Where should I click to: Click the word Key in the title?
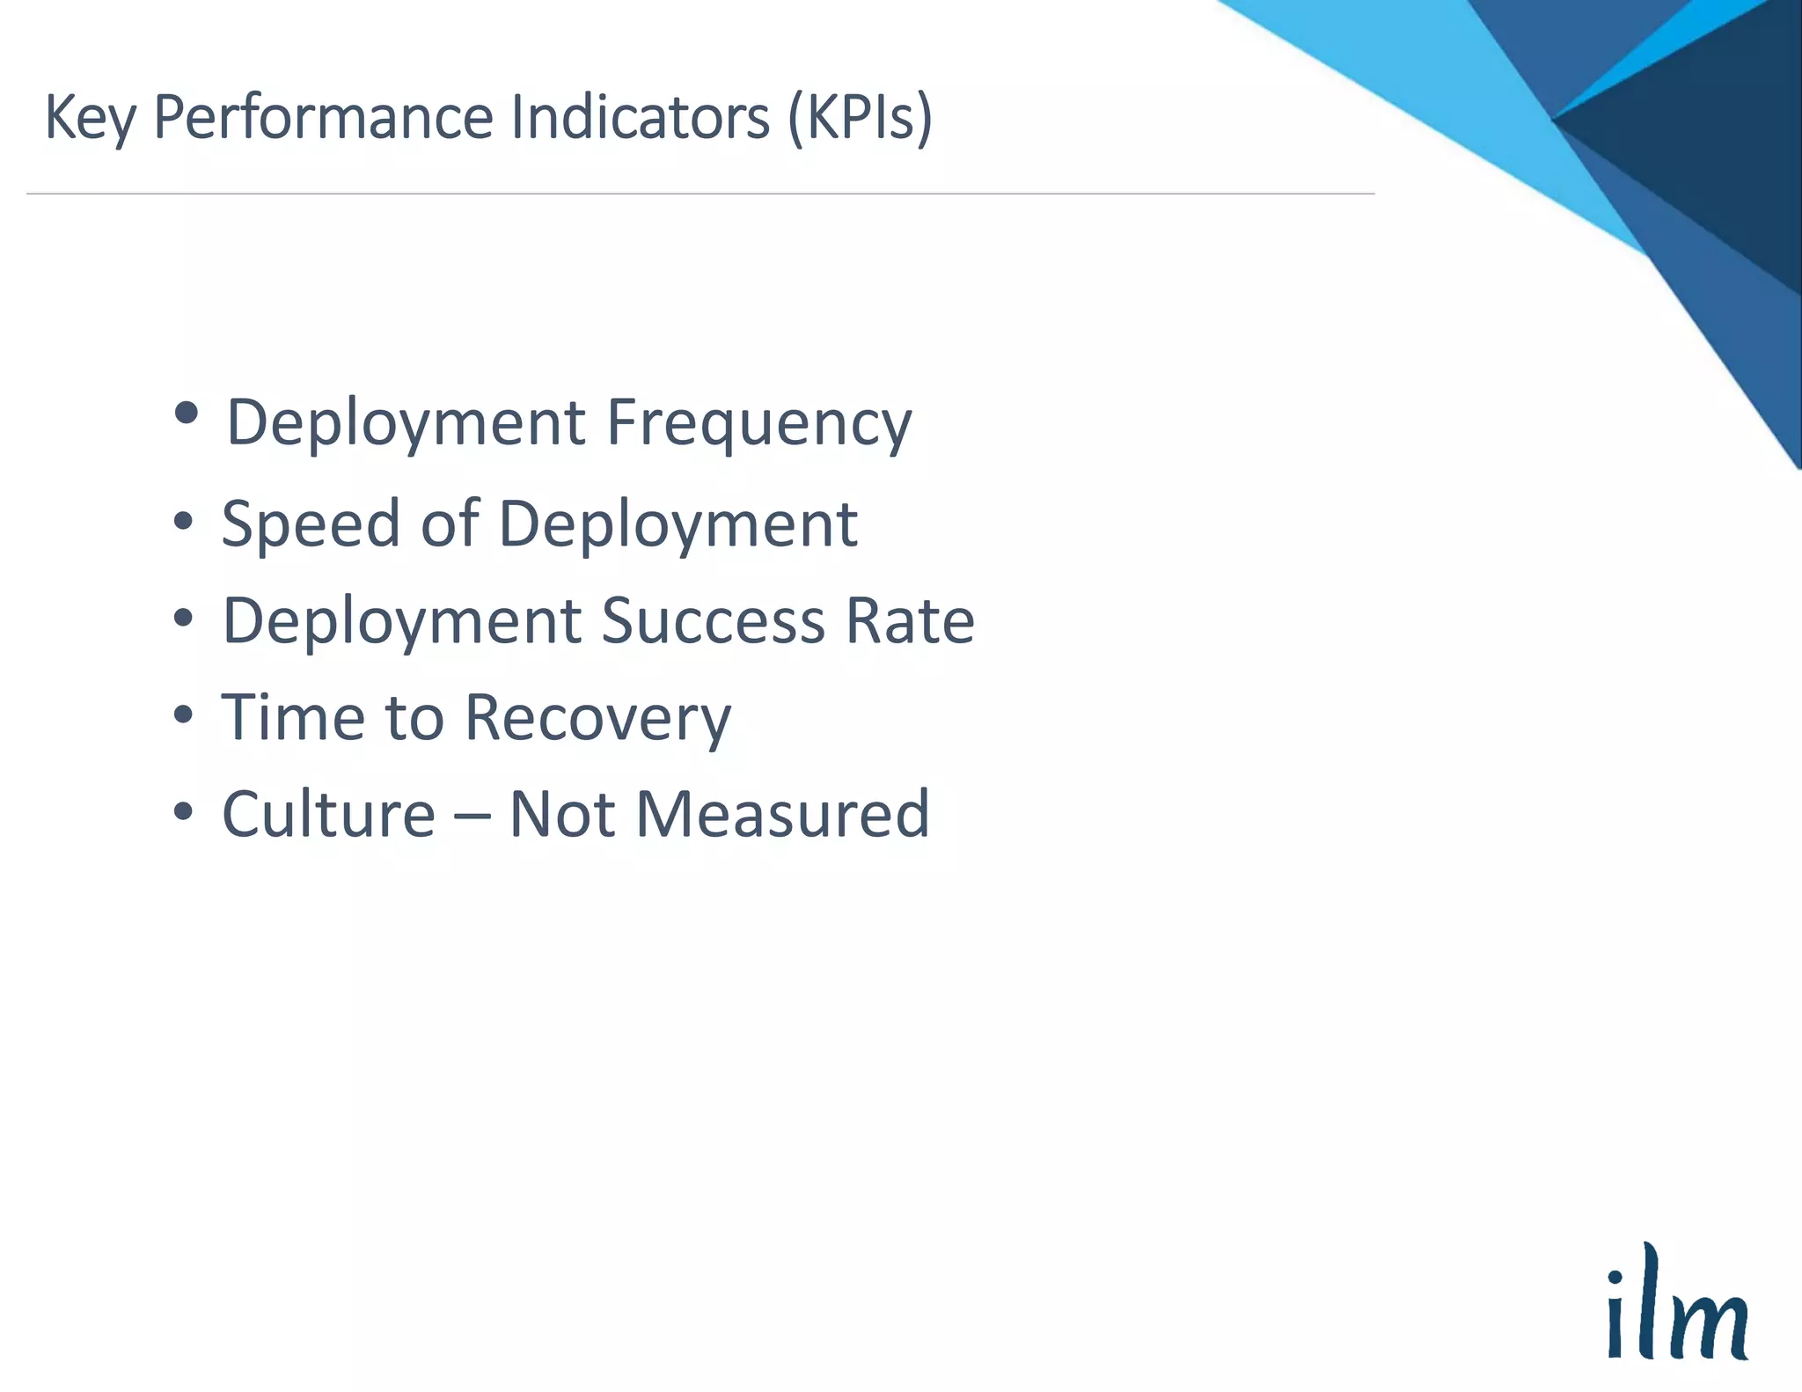[90, 119]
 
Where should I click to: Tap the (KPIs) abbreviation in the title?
[859, 117]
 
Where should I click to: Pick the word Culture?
[328, 815]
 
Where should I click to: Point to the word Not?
[561, 815]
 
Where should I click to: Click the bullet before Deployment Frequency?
[187, 413]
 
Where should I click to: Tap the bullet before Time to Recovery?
[183, 714]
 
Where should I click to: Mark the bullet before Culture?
[183, 811]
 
